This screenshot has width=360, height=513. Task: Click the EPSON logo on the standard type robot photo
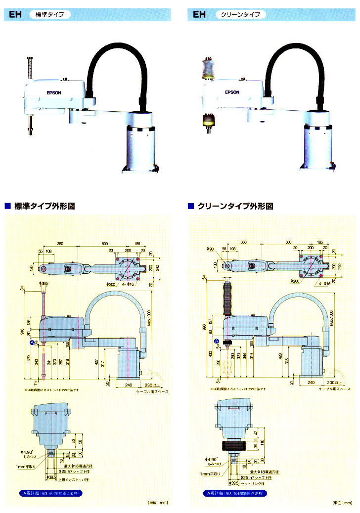[x=53, y=92]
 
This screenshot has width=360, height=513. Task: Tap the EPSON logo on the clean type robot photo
[x=232, y=92]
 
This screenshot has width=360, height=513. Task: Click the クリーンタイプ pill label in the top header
[x=241, y=15]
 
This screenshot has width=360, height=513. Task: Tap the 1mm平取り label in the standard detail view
[x=26, y=466]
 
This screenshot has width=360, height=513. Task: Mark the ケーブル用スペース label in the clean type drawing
[x=332, y=389]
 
